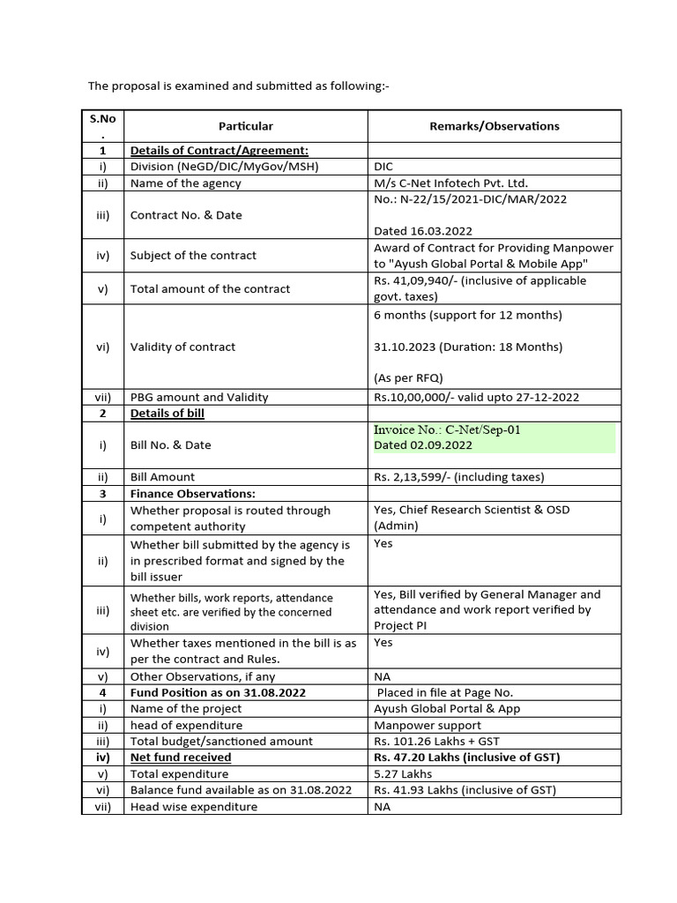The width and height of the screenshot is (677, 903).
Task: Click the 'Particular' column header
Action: pyautogui.click(x=245, y=126)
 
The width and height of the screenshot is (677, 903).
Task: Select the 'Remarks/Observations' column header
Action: pyautogui.click(x=494, y=126)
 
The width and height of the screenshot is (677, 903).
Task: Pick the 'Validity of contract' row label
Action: pyautogui.click(x=182, y=347)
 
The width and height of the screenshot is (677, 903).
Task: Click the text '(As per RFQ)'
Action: pyautogui.click(x=408, y=378)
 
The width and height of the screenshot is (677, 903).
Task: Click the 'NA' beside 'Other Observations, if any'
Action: pyautogui.click(x=383, y=677)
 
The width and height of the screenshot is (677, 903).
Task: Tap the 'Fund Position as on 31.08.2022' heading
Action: pyautogui.click(x=218, y=692)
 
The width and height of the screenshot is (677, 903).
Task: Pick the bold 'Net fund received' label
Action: pyautogui.click(x=181, y=757)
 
